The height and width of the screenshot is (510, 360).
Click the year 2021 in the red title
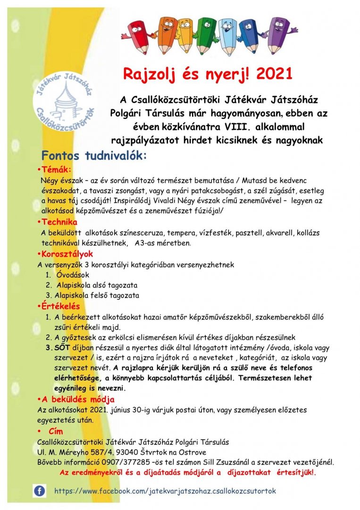[275, 74]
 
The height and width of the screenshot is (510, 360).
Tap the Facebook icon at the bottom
[39, 491]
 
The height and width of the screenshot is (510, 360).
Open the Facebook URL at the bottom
[165, 491]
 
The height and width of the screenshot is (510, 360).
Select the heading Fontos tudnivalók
[94, 155]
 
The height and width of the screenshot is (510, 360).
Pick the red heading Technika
[59, 222]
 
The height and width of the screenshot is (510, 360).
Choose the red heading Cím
[56, 432]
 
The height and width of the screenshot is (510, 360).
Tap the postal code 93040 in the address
[109, 452]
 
